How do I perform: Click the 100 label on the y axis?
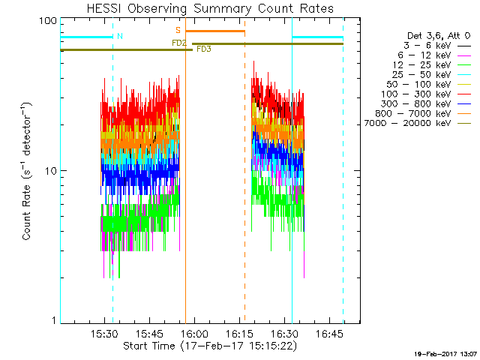[49, 20]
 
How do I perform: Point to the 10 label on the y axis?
[51, 171]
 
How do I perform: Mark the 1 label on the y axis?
[54, 321]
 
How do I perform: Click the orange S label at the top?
[178, 30]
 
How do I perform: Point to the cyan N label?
[120, 35]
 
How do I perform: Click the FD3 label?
[203, 49]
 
